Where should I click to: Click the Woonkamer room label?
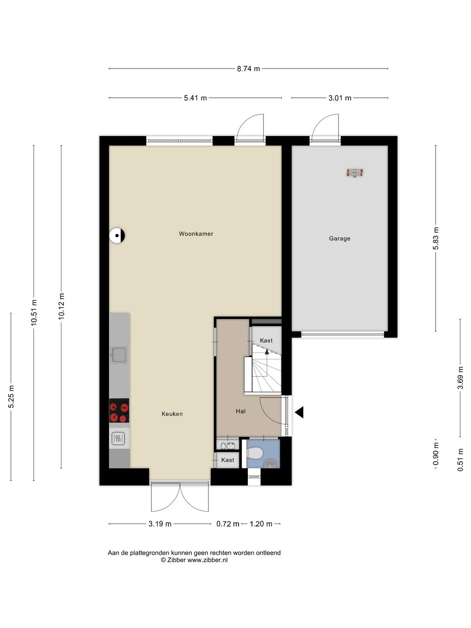click(x=196, y=234)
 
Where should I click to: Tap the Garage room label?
click(x=339, y=238)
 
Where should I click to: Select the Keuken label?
click(x=172, y=414)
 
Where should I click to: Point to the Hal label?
click(x=240, y=411)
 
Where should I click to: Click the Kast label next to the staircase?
click(x=266, y=341)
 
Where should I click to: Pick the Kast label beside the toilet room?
click(x=228, y=460)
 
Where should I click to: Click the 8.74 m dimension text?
click(x=248, y=68)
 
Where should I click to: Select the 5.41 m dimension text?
click(x=195, y=98)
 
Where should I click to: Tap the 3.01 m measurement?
click(x=339, y=98)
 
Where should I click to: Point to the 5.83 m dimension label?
click(x=436, y=238)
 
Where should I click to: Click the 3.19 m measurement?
click(x=160, y=524)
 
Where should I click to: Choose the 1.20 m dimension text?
click(x=261, y=524)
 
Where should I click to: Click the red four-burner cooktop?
click(x=119, y=410)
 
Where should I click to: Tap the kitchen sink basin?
click(x=119, y=355)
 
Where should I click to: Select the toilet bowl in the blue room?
click(x=255, y=453)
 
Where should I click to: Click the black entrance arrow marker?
click(x=299, y=412)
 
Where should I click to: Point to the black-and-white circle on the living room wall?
click(x=117, y=235)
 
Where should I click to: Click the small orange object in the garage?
click(x=355, y=173)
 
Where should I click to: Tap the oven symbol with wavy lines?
click(x=118, y=438)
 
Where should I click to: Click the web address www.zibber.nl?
click(x=207, y=560)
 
